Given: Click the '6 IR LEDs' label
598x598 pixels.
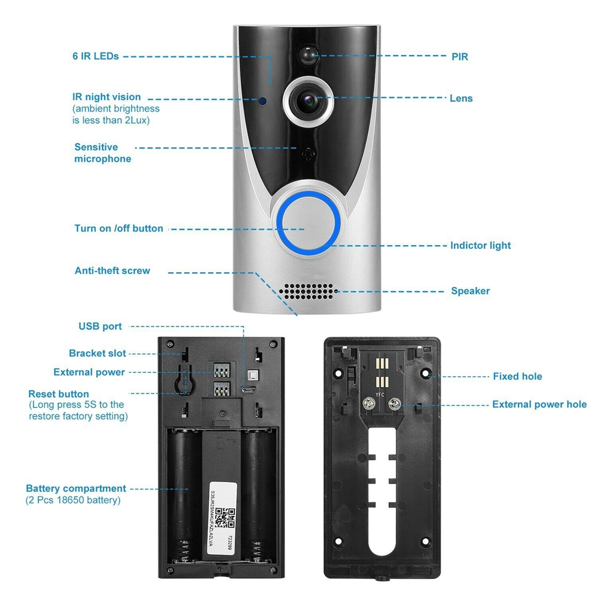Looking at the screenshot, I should pyautogui.click(x=96, y=56).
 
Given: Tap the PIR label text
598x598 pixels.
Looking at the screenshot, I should pyautogui.click(x=459, y=57).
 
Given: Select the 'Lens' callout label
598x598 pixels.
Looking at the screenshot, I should pyautogui.click(x=461, y=98).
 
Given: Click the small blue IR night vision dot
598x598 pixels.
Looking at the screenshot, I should pyautogui.click(x=262, y=100).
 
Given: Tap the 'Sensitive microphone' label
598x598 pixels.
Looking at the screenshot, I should pyautogui.click(x=102, y=153).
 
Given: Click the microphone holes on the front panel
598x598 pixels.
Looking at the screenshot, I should pyautogui.click(x=307, y=152).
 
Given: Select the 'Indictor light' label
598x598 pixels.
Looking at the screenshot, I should pyautogui.click(x=480, y=245).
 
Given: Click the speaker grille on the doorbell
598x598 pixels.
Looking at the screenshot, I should pyautogui.click(x=308, y=291).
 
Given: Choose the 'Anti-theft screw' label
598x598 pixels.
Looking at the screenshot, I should pyautogui.click(x=112, y=271).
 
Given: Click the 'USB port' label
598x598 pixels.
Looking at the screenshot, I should pyautogui.click(x=100, y=327).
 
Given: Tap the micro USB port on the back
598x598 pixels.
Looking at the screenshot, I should pyautogui.click(x=249, y=390).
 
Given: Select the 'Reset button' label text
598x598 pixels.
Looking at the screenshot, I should pyautogui.click(x=59, y=394).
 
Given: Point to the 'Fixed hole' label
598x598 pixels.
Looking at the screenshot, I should pyautogui.click(x=517, y=376).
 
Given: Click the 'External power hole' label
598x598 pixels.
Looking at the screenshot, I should pyautogui.click(x=539, y=405).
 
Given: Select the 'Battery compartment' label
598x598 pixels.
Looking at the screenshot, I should pyautogui.click(x=76, y=489).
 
